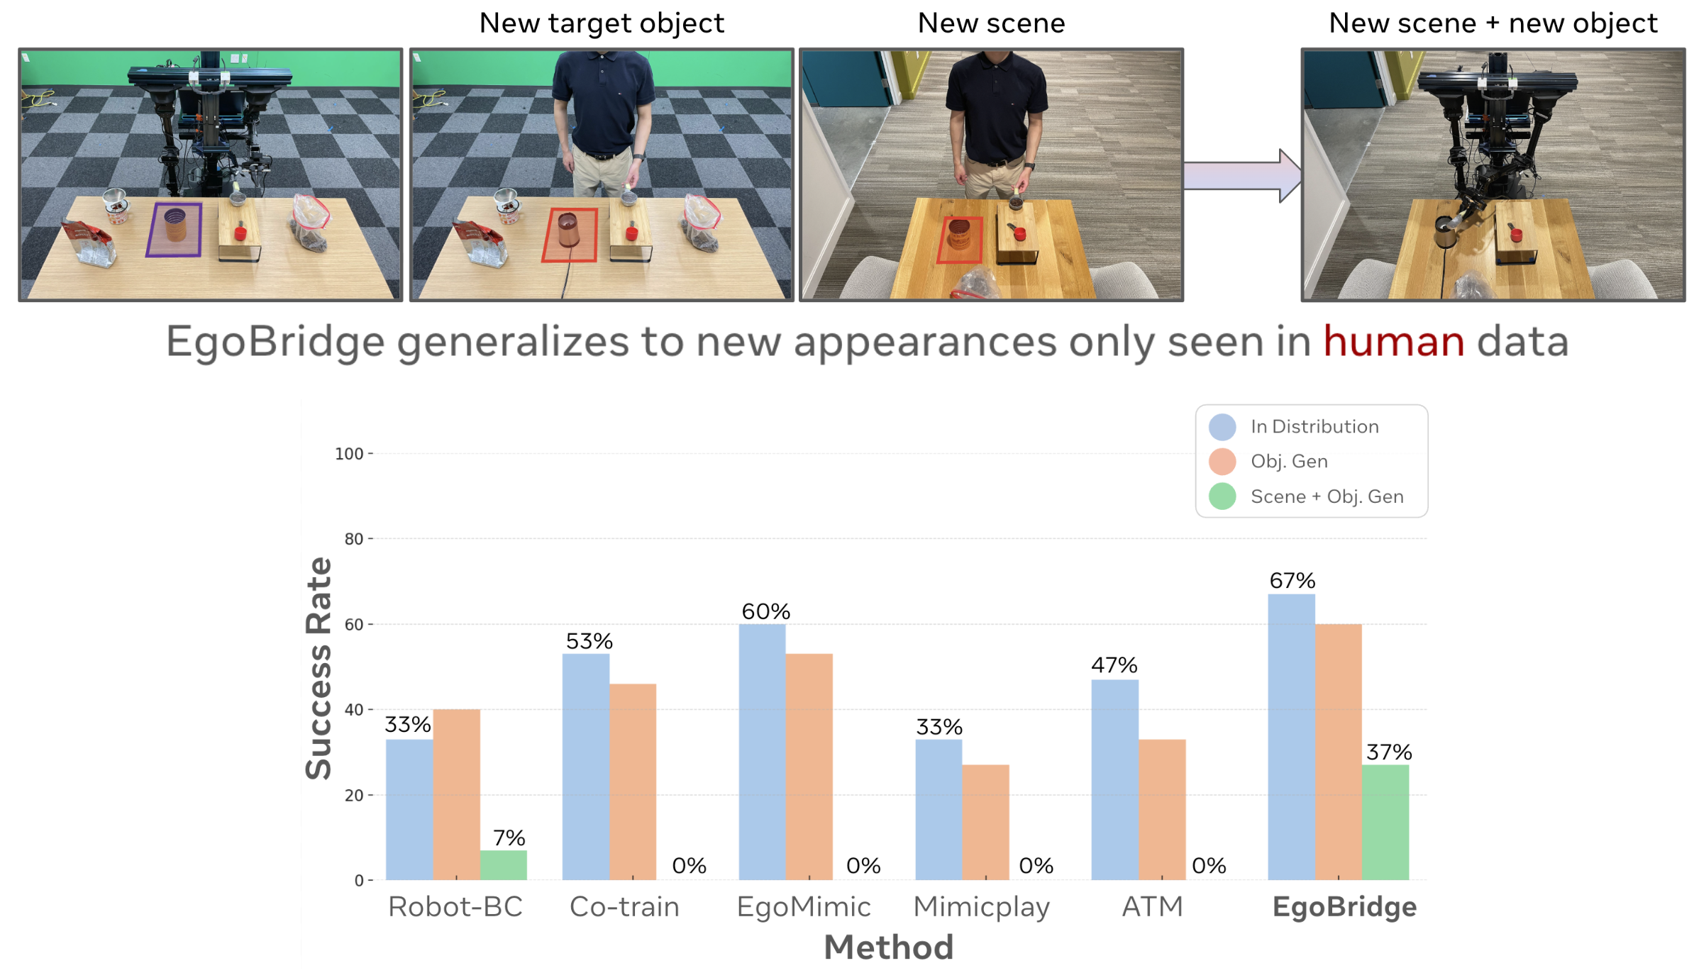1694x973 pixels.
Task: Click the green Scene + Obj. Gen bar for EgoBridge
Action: (x=1385, y=823)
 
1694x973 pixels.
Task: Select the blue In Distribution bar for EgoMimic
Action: (x=762, y=752)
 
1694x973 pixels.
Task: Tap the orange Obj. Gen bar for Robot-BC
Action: (x=456, y=794)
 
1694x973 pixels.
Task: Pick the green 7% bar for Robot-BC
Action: (x=503, y=865)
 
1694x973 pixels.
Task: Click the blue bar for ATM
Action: (x=1114, y=780)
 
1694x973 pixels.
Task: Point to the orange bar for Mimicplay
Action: (x=985, y=823)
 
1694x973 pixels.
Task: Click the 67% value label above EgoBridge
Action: (x=1292, y=581)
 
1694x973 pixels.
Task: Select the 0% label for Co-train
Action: (x=689, y=865)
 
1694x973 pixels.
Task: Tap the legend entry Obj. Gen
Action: (x=1288, y=462)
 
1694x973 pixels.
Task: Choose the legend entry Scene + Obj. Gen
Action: (x=1327, y=496)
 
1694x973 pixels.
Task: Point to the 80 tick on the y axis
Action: (x=353, y=539)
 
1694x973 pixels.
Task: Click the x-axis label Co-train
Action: (x=624, y=907)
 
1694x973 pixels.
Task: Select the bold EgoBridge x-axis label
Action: (x=1344, y=907)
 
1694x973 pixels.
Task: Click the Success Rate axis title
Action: (x=319, y=668)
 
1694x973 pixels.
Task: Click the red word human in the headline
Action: (x=1393, y=342)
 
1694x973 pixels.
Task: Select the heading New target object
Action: (x=602, y=23)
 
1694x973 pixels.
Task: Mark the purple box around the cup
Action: (x=175, y=229)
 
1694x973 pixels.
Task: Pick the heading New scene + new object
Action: (x=1493, y=23)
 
